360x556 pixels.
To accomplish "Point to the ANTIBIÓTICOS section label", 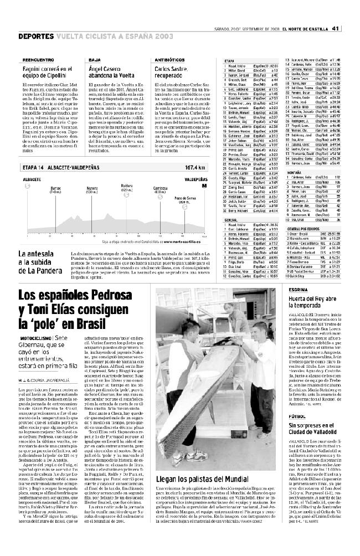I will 169,59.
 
